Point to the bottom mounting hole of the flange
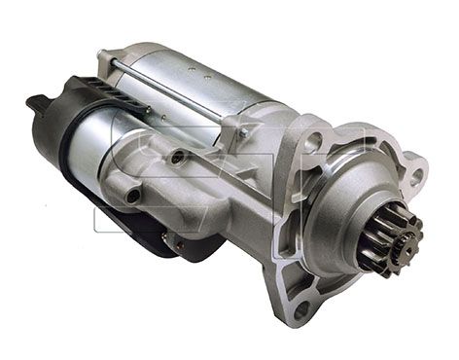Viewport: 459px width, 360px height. pos(300,308)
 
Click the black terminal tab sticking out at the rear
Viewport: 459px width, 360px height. pos(37,101)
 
